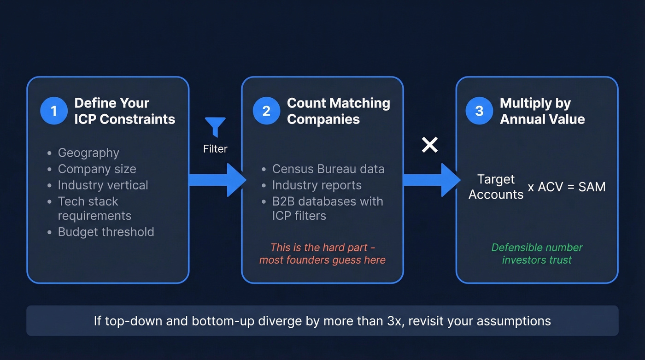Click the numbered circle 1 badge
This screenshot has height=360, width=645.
click(x=54, y=111)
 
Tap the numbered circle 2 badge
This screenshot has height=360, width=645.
click(x=266, y=111)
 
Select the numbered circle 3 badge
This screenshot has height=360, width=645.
click(x=479, y=111)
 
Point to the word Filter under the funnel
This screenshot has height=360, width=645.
click(x=215, y=149)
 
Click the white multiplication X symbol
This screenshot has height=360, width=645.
click(x=430, y=145)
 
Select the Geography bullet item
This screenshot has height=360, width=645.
click(x=88, y=153)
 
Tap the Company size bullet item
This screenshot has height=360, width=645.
click(x=97, y=169)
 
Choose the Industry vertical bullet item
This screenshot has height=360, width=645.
click(x=103, y=185)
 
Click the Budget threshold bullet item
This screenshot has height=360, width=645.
click(x=106, y=232)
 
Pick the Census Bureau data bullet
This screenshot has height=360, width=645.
click(x=328, y=169)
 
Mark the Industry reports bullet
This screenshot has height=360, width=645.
click(x=317, y=185)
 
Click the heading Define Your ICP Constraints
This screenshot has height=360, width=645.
click(x=124, y=111)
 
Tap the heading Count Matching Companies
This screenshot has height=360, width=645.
click(x=338, y=111)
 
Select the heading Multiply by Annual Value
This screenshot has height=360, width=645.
click(x=542, y=111)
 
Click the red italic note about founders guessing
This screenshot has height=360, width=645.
click(x=322, y=254)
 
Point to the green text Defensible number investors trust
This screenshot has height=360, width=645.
click(x=537, y=254)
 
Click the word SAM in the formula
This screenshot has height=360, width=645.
click(x=592, y=187)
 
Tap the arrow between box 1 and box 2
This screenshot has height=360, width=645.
click(x=217, y=180)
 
